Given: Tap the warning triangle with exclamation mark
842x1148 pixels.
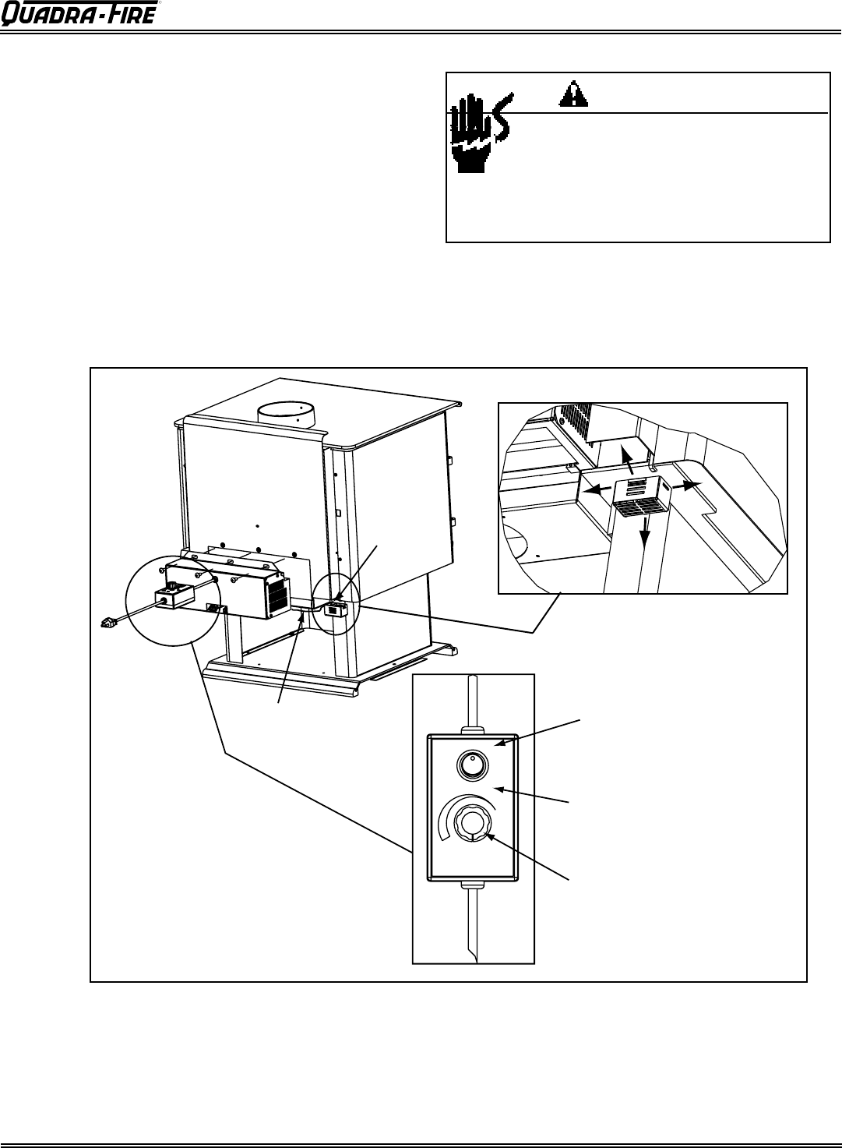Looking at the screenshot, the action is pos(573,94).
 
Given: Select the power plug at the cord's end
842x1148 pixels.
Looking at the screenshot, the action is pos(108,623).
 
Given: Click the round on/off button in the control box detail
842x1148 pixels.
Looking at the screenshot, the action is pos(472,767).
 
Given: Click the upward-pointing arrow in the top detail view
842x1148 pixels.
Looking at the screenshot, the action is pos(628,460).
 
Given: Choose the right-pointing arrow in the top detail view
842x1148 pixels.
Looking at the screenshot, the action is pos(686,485).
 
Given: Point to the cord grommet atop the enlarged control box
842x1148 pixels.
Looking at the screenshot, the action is pos(473,729).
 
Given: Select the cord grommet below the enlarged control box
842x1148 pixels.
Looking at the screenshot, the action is pos(473,885).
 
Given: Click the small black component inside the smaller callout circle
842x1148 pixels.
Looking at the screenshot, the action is pos(336,609).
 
